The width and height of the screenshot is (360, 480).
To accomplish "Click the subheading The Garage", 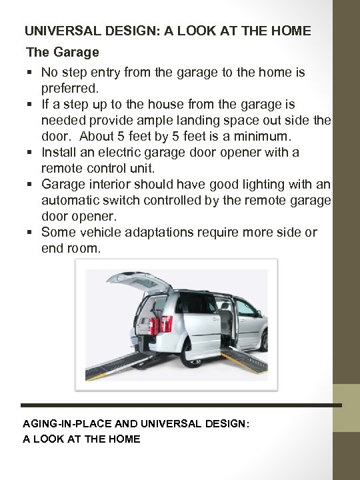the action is pos(62,51).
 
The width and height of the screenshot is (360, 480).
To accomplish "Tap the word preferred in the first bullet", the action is pos(69,88).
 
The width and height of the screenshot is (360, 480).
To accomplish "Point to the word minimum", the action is pos(269,136).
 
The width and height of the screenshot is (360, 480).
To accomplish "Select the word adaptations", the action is pos(161,232).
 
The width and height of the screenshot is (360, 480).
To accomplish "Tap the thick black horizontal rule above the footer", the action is pos(180,405).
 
